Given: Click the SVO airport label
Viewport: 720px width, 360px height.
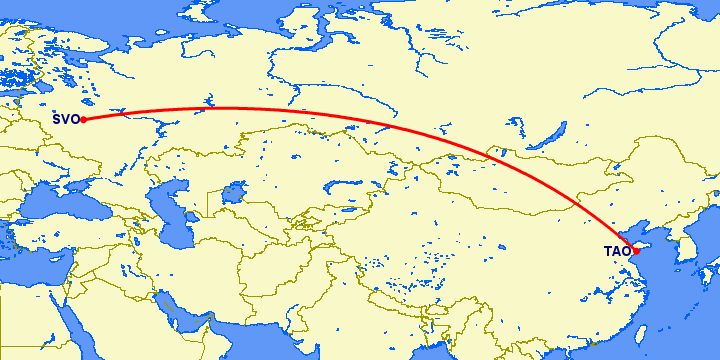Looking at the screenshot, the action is (x=66, y=121).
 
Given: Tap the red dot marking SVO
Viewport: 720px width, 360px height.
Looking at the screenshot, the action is (x=84, y=120).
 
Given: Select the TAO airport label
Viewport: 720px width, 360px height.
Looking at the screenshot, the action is (x=616, y=251).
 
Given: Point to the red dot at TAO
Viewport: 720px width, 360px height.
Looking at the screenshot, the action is (x=635, y=250).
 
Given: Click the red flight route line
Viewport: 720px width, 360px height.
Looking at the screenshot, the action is (x=300, y=111).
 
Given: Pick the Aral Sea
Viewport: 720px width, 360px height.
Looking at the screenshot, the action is (x=237, y=190).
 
